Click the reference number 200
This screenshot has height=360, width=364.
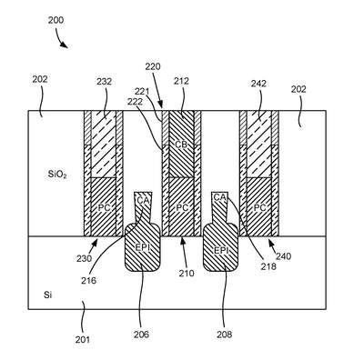click(56, 20)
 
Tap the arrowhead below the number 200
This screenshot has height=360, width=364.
click(65, 45)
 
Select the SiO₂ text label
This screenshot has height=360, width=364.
click(57, 175)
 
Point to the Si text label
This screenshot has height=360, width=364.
click(47, 295)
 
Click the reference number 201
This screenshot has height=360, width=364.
click(83, 339)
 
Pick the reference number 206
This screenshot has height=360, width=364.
click(141, 335)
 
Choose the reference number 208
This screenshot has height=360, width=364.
click(224, 335)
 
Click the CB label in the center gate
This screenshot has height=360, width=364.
click(181, 145)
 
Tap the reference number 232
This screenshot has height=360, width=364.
click(105, 82)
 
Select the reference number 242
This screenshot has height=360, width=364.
click(258, 84)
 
